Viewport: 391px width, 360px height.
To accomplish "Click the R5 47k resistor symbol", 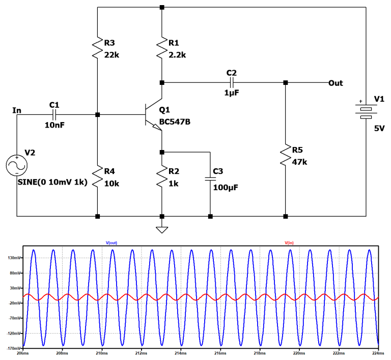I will tap(285, 156).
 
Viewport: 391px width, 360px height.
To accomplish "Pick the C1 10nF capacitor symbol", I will tap(55, 114).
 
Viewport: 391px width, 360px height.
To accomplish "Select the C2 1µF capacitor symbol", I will tap(232, 82).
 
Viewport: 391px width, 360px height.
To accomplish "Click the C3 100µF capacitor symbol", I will tap(209, 178).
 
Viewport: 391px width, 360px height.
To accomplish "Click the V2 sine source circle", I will tap(16, 166).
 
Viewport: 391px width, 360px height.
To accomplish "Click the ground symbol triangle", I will tap(162, 229).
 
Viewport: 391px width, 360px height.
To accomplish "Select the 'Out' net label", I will tap(336, 82).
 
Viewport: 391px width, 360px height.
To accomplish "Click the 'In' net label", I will tap(17, 110).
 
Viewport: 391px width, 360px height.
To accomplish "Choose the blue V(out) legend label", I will tap(111, 243).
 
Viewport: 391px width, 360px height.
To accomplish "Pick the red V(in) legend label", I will tap(289, 243).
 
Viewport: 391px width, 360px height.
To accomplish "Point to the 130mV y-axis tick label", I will tap(12, 258).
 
